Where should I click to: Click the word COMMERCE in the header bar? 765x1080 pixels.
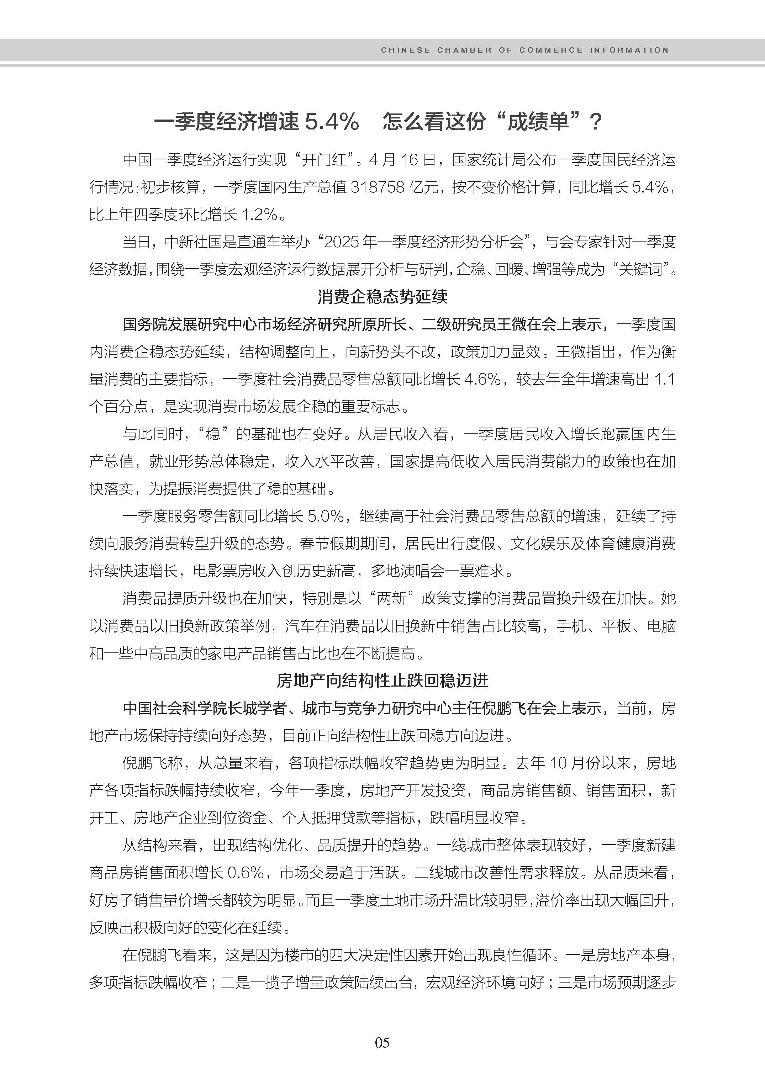[551, 50]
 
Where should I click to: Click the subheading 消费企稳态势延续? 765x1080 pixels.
[382, 297]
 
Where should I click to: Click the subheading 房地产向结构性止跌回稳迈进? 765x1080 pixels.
[382, 681]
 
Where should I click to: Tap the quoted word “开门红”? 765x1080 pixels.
[325, 160]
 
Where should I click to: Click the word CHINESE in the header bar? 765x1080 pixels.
[405, 50]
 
